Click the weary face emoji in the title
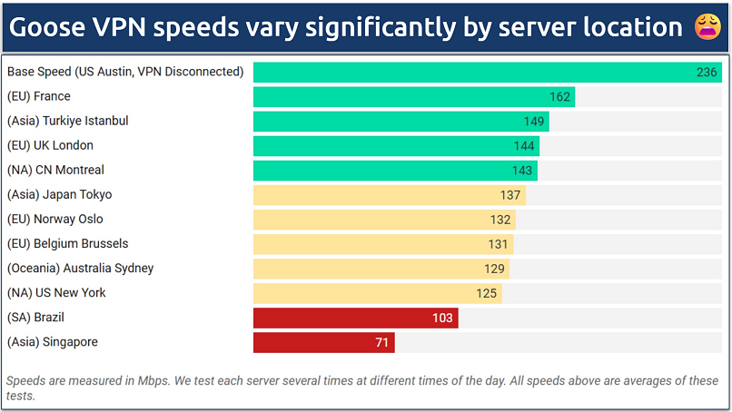coord(707,27)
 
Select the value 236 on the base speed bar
coord(707,73)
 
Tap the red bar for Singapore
coord(323,342)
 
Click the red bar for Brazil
coord(355,318)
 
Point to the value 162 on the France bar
coord(559,97)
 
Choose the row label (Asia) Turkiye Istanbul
coord(67,121)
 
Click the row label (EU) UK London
coord(50,145)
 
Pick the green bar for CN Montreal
coord(395,171)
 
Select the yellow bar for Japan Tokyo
coord(389,195)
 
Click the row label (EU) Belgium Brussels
coord(67,243)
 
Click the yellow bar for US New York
coord(377,293)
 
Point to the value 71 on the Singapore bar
coord(382,342)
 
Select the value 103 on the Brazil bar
coord(443,318)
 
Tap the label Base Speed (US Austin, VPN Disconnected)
coord(125,72)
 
